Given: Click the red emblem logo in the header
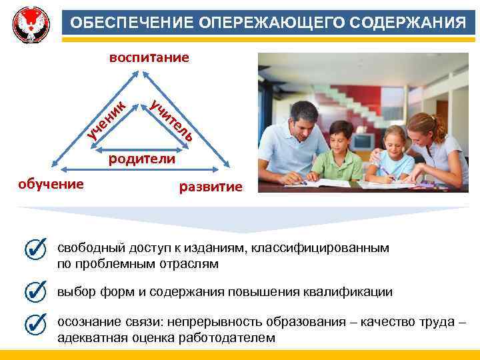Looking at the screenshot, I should [31, 23].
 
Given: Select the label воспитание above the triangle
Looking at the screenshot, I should [149, 58].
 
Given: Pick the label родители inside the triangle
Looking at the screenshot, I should [142, 159].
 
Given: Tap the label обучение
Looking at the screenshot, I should [51, 183].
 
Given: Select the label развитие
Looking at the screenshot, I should [211, 187].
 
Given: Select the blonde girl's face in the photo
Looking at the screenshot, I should [394, 143].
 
